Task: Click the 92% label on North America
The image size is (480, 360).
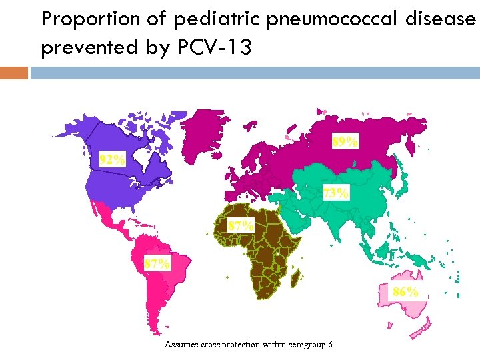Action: [112, 159]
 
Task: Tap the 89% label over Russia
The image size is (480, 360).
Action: [345, 141]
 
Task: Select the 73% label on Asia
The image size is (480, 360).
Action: [336, 193]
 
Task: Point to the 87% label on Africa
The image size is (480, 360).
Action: [240, 225]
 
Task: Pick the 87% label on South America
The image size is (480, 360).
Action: [157, 263]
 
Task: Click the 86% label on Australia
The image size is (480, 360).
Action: [405, 291]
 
